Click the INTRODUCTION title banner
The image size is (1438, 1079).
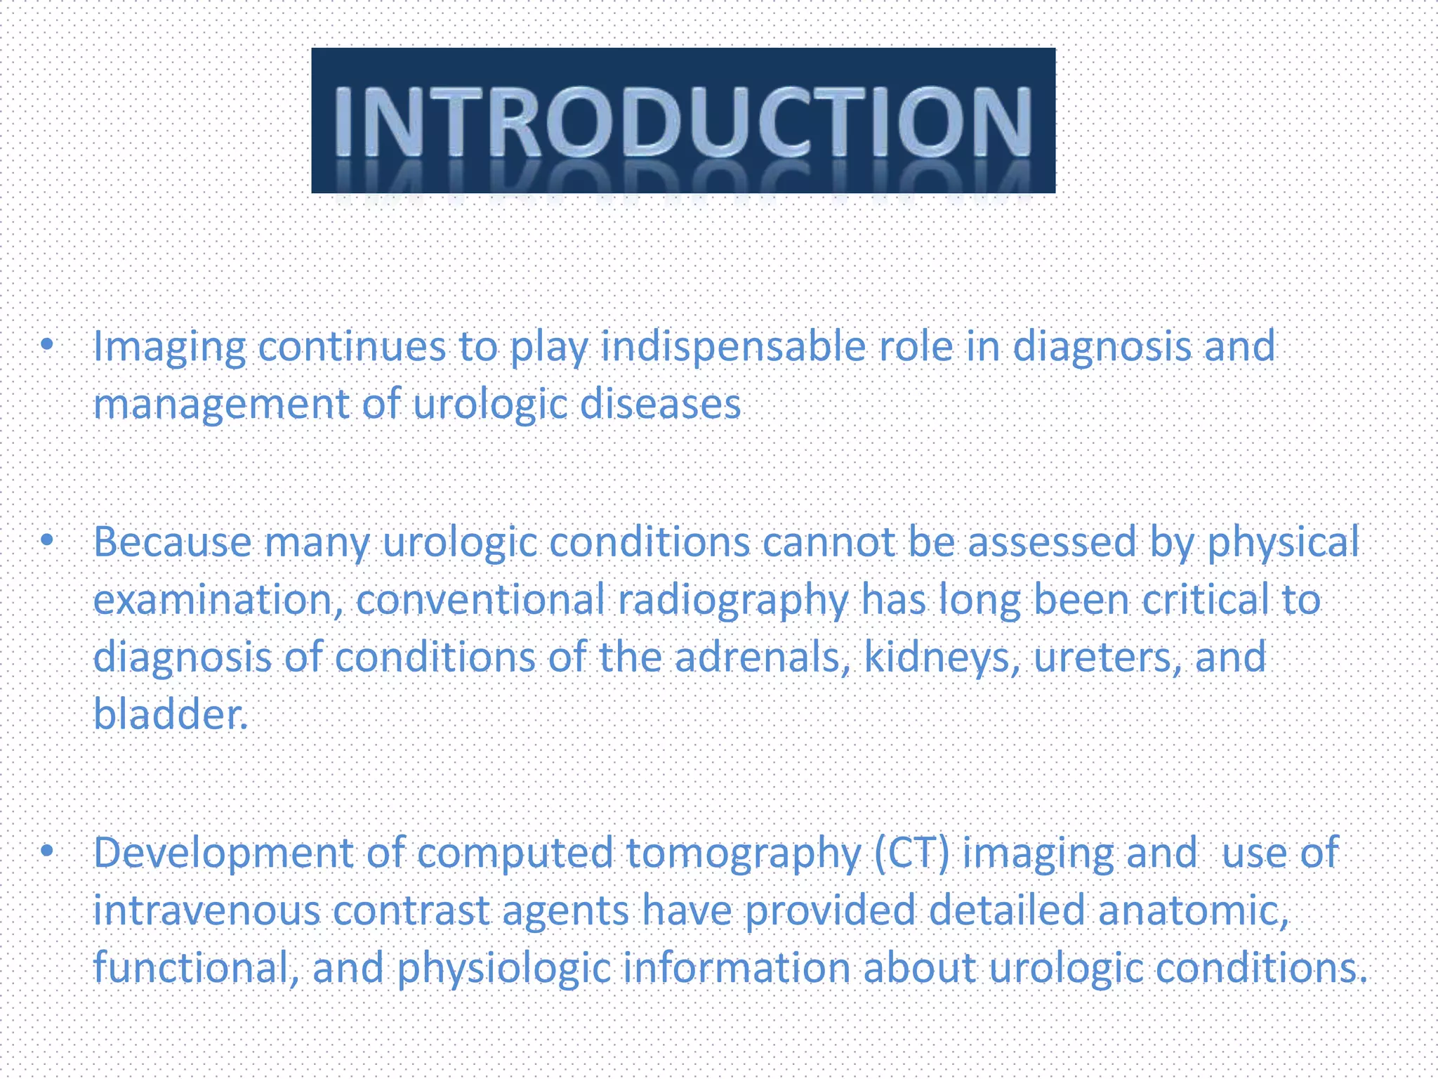tap(682, 120)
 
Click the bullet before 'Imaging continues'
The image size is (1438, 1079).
tap(47, 344)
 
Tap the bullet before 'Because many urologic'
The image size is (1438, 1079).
tap(47, 540)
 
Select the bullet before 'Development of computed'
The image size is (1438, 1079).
tap(47, 851)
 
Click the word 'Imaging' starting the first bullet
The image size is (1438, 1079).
tap(169, 348)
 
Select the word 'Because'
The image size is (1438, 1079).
tap(172, 542)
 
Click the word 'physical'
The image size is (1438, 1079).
tap(1282, 544)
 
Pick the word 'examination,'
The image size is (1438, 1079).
tap(218, 601)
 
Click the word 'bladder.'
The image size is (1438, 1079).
tap(171, 714)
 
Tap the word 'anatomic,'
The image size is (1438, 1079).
tap(1194, 910)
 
